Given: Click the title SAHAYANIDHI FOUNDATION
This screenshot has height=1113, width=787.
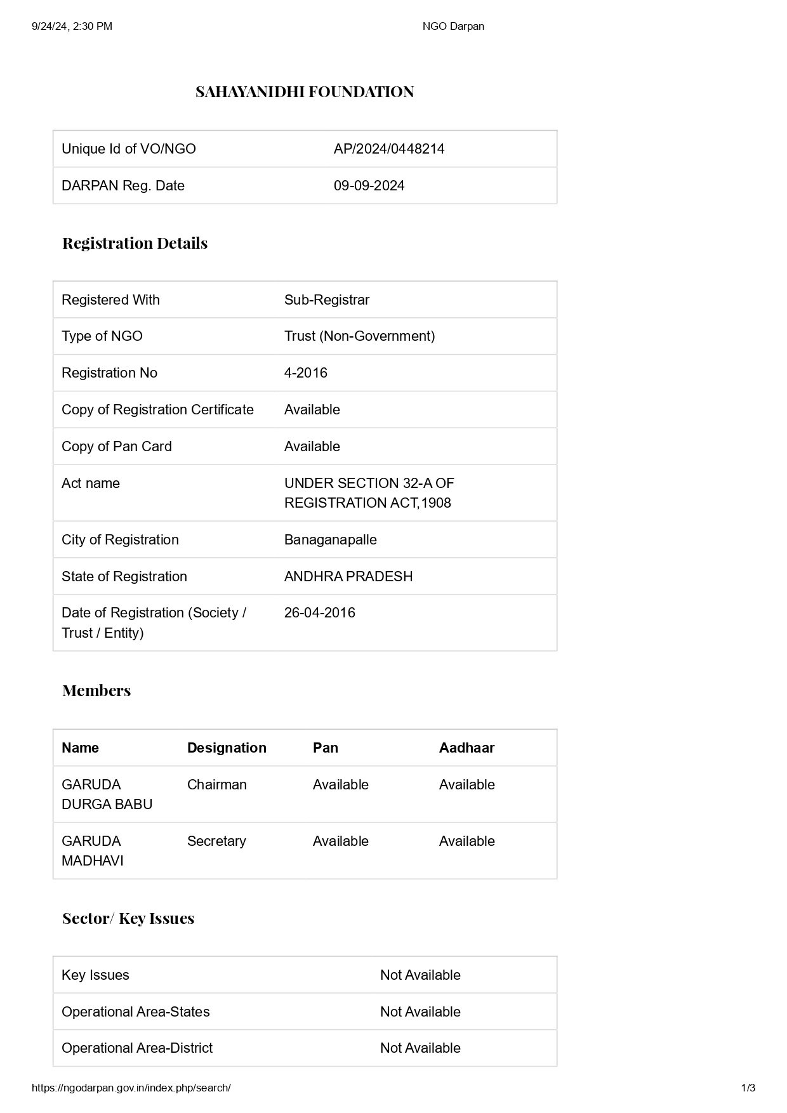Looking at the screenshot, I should (305, 92).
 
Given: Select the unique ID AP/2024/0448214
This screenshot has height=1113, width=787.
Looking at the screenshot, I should (389, 149).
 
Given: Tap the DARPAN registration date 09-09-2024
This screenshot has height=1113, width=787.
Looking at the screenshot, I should (369, 186).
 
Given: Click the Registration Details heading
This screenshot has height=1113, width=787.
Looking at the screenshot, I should (135, 243).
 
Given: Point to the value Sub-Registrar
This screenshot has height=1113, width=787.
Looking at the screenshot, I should (326, 300).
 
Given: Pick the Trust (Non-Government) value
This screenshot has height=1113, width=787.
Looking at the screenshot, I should (359, 336).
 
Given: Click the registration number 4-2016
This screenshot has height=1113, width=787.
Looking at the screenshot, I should (305, 373).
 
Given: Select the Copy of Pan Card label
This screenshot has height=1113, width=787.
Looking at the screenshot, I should (116, 447).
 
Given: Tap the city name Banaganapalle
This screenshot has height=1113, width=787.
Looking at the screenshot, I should (330, 540).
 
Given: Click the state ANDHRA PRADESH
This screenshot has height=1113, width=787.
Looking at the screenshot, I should (348, 577).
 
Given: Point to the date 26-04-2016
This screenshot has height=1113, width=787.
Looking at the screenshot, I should (319, 613).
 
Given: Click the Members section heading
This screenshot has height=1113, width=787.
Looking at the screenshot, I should (96, 690).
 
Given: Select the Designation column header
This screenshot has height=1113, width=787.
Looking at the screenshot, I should (227, 748).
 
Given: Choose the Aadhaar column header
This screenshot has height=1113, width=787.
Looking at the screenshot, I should (466, 748).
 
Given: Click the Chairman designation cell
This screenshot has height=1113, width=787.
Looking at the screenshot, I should (216, 785).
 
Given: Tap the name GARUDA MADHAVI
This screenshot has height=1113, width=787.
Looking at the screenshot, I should (93, 851).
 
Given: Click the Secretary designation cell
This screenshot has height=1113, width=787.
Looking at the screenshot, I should (216, 841).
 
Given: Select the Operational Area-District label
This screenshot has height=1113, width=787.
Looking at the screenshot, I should (136, 1048).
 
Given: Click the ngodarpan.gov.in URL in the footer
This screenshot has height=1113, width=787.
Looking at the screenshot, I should (131, 1088).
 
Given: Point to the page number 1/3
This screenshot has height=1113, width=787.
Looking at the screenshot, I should (748, 1088).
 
